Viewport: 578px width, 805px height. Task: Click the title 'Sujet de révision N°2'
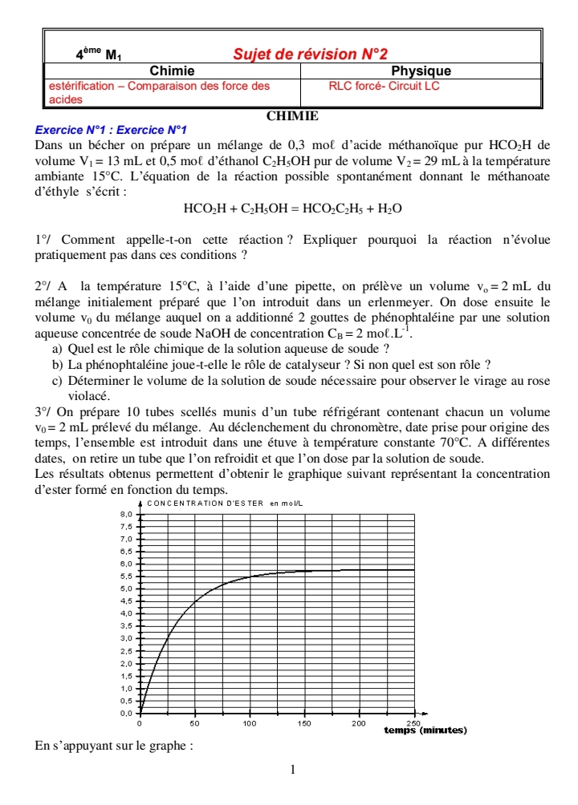pyautogui.click(x=309, y=55)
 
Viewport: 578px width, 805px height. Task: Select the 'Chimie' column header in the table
pyautogui.click(x=172, y=71)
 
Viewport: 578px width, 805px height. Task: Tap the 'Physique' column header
pyautogui.click(x=421, y=71)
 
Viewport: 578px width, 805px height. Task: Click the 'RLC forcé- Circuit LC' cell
pyautogui.click(x=384, y=85)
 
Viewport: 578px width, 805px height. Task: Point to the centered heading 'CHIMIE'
pyautogui.click(x=292, y=116)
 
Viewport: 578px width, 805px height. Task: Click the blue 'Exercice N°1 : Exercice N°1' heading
pyautogui.click(x=112, y=130)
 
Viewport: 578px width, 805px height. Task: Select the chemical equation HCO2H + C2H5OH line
pyautogui.click(x=292, y=208)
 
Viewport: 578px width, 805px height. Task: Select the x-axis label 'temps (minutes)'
pyautogui.click(x=425, y=730)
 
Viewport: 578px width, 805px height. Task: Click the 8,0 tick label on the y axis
pyautogui.click(x=125, y=513)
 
